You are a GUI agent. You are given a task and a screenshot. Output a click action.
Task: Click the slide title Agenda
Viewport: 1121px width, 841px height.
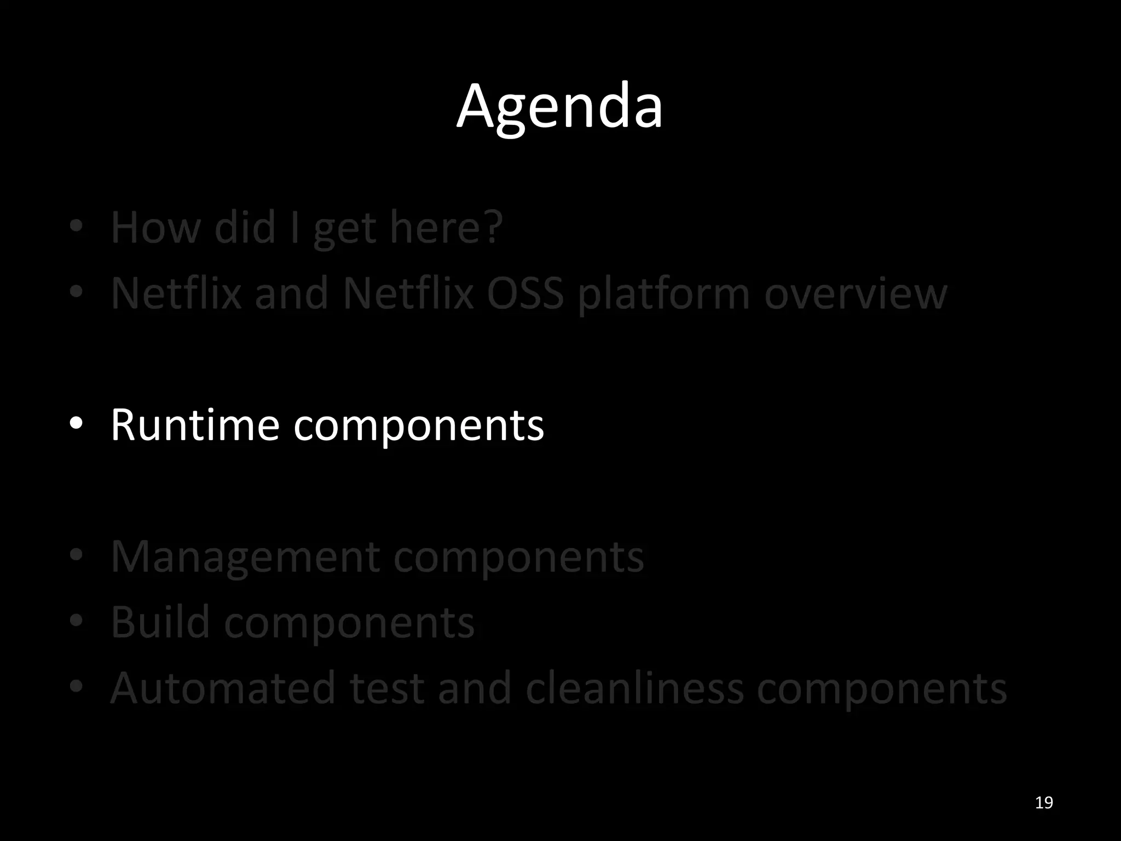pos(559,107)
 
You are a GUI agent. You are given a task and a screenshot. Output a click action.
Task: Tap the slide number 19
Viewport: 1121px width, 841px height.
pos(1044,803)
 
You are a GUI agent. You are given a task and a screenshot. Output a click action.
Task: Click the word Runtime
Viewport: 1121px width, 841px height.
pos(195,425)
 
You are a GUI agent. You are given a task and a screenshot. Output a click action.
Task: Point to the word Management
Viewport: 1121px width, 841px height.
pos(245,557)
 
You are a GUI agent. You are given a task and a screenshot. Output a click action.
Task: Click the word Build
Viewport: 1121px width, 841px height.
pos(160,622)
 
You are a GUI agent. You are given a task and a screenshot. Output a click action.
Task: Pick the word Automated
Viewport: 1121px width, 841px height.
pos(223,688)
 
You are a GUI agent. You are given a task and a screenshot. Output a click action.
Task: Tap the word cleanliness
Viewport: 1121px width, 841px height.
pos(634,688)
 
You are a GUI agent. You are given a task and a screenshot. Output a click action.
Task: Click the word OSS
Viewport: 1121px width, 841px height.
pos(525,293)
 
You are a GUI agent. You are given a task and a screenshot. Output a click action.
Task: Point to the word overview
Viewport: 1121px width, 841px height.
pos(856,293)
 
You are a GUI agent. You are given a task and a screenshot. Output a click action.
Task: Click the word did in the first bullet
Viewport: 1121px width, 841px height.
pos(245,227)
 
